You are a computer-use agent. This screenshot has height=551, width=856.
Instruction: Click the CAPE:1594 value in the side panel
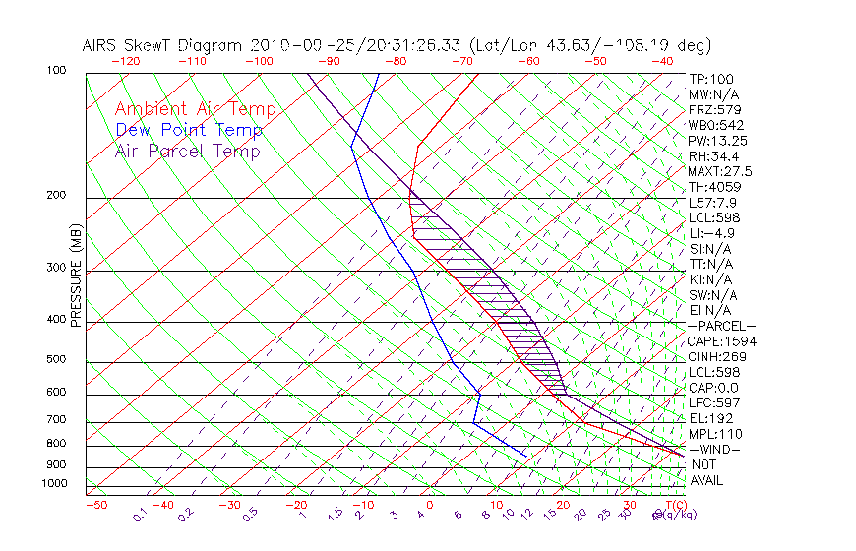pyautogui.click(x=716, y=341)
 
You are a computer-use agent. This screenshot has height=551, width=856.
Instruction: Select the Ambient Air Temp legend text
pyautogui.click(x=195, y=109)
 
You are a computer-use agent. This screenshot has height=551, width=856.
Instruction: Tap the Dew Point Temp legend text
pyautogui.click(x=189, y=130)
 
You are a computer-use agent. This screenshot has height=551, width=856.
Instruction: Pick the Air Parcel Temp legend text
pyautogui.click(x=187, y=151)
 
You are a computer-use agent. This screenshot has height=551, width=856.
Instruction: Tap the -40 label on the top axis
pyautogui.click(x=662, y=61)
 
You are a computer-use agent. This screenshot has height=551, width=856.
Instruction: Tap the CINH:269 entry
pyautogui.click(x=714, y=356)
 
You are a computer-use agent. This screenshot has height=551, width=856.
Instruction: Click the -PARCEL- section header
pyautogui.click(x=721, y=326)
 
